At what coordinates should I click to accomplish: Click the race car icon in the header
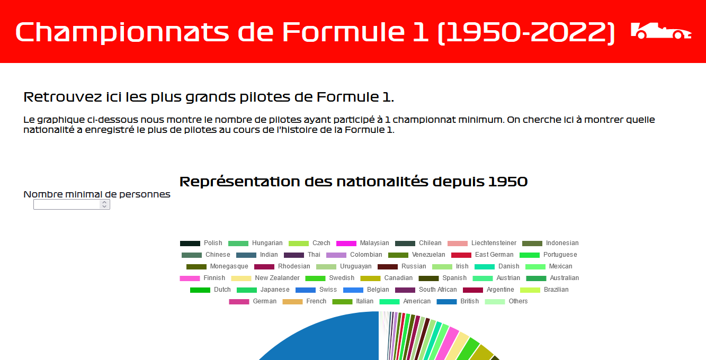coord(660,31)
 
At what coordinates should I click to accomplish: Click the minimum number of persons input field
coord(67,204)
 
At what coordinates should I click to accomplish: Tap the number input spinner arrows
coord(104,204)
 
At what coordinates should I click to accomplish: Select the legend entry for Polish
coord(201,243)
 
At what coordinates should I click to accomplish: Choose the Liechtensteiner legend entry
coord(482,243)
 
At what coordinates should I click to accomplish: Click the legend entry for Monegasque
coord(217,266)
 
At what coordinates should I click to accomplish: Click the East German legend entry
coord(482,255)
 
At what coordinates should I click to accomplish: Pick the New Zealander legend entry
coord(265,278)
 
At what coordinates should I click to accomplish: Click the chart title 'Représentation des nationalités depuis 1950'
coord(353,182)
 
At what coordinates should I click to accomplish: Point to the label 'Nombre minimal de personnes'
coord(97,194)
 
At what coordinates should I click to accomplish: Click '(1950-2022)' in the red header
coord(526,32)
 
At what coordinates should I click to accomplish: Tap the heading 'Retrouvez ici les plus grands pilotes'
coord(209,97)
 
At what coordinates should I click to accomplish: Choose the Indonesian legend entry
coord(550,243)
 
